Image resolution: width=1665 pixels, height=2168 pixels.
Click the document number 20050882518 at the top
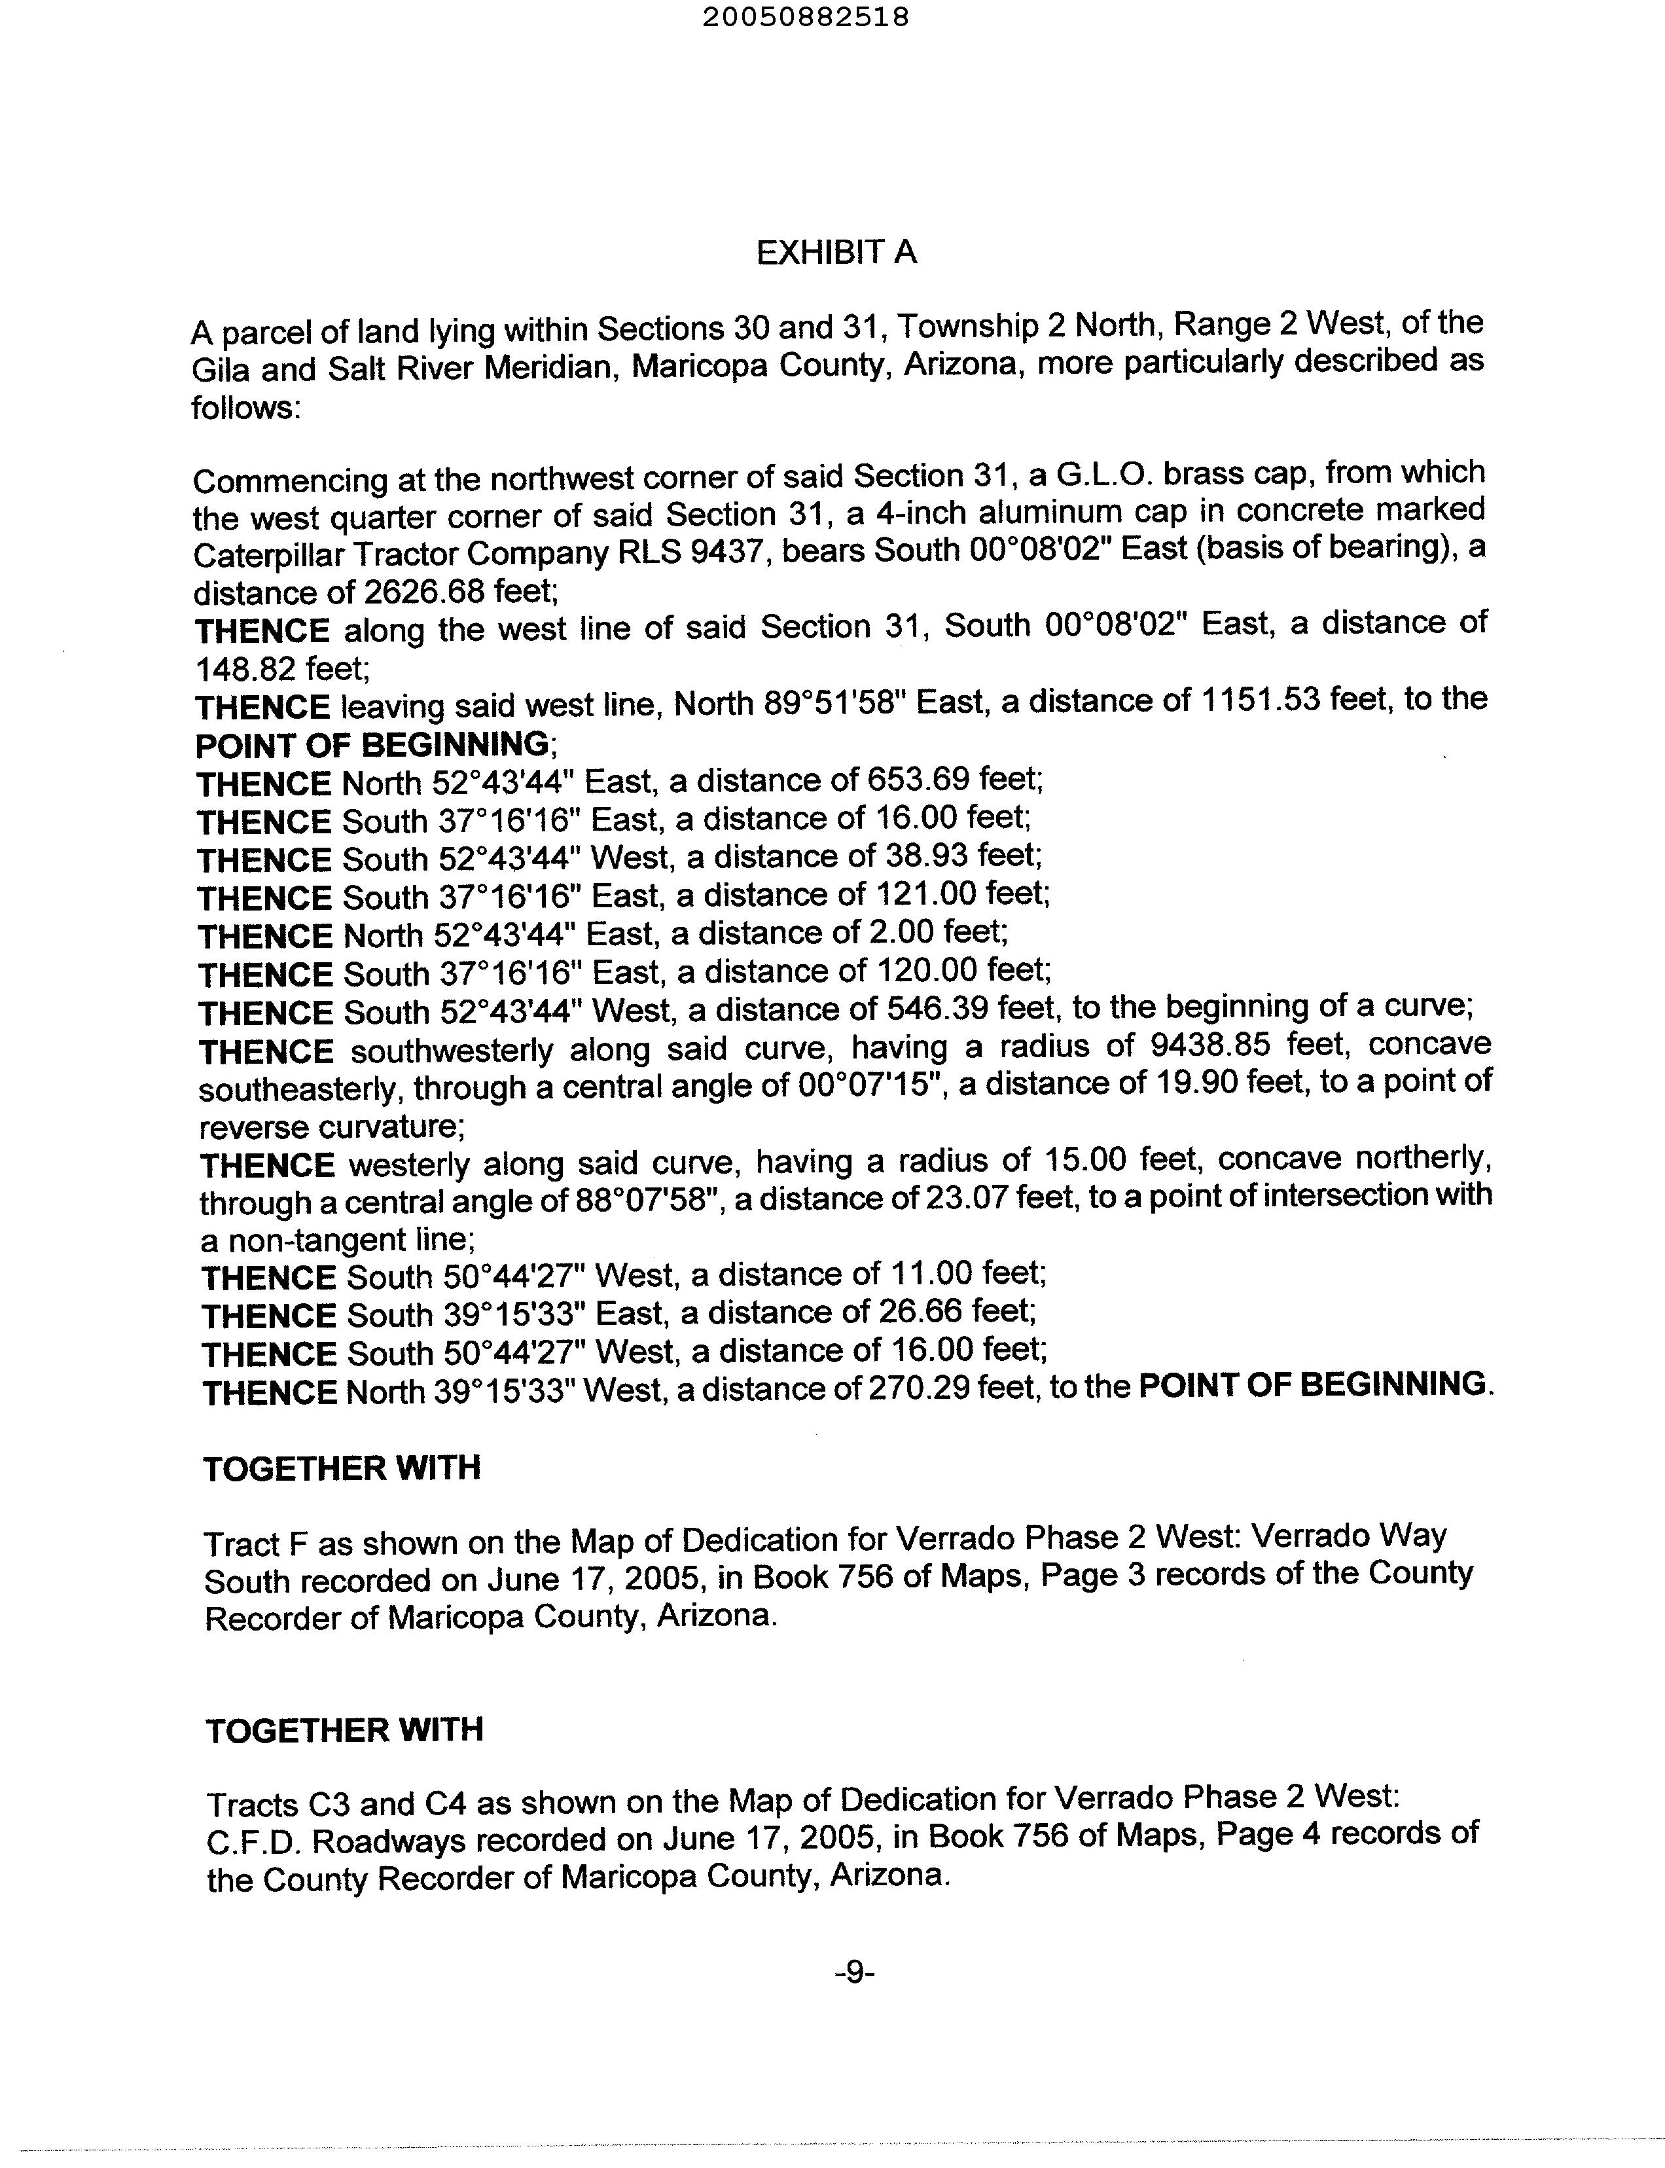pyautogui.click(x=805, y=17)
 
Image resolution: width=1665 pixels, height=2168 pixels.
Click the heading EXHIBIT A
pyautogui.click(x=836, y=254)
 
